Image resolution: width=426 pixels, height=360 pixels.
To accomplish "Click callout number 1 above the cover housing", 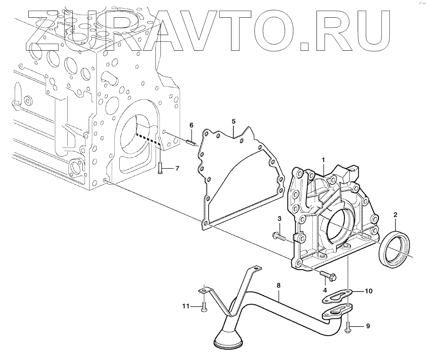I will point(324,159).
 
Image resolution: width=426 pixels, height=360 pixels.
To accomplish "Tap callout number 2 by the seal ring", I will point(395,215).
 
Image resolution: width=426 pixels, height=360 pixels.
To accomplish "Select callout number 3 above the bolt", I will point(279,218).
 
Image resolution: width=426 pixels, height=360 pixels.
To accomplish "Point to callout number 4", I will point(325,290).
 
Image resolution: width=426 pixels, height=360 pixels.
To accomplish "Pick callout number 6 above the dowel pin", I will point(191,125).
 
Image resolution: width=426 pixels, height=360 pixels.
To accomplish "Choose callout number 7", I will point(177,168).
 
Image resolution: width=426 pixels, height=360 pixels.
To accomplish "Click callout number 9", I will point(367,326).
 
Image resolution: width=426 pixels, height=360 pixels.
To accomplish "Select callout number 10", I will point(368,291).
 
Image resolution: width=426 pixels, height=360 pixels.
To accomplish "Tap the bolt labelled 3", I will point(280,237).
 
